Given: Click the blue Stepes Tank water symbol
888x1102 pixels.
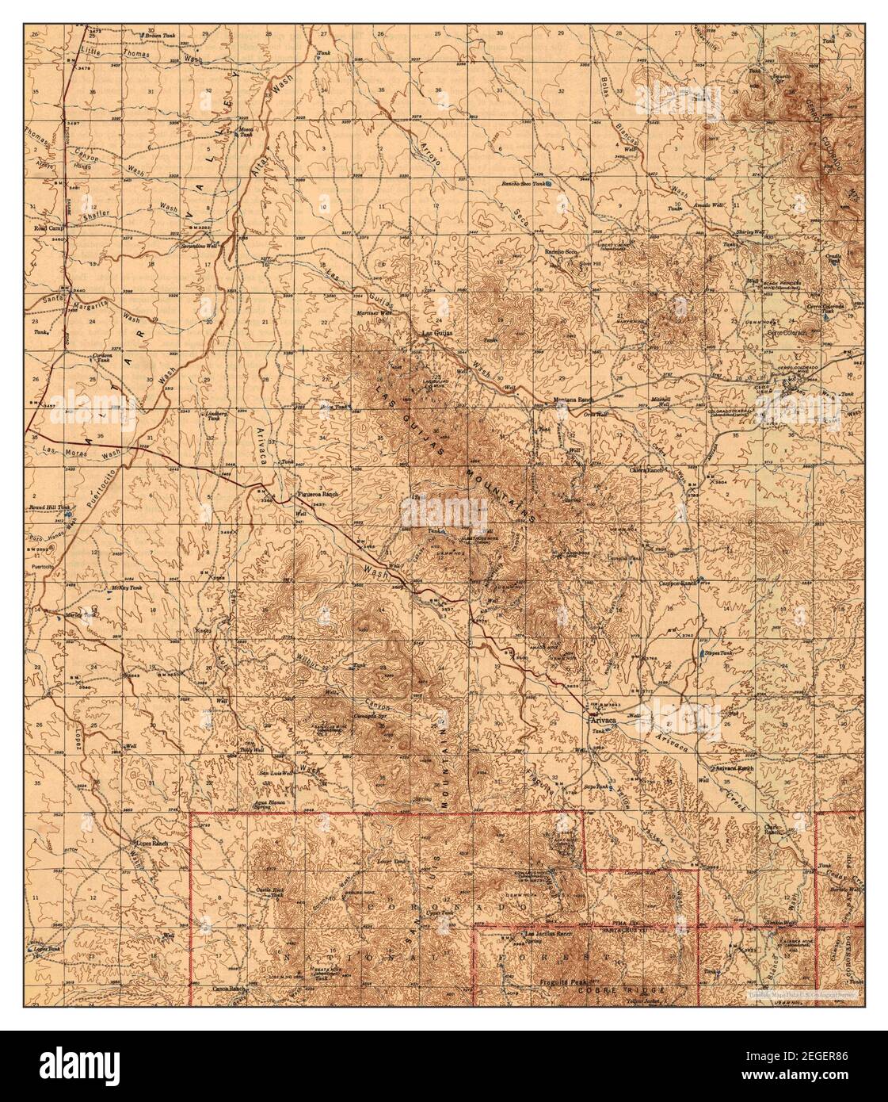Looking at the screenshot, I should tap(703, 655).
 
